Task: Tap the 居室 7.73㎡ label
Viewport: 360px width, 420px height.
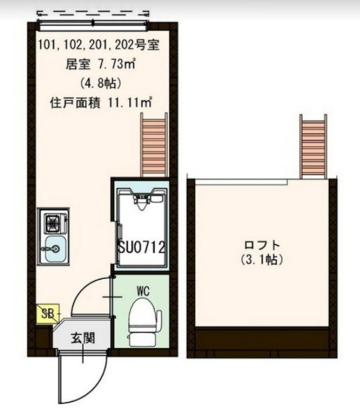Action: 100,64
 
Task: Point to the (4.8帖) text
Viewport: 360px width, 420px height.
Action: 99,83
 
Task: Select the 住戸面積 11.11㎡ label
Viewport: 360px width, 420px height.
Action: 99,102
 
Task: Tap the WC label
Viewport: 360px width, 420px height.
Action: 143,291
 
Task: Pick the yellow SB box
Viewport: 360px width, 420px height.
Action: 46,313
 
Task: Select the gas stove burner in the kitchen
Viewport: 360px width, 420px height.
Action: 54,223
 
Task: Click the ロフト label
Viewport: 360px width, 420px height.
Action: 262,246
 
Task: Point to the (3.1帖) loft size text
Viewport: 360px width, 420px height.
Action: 262,260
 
